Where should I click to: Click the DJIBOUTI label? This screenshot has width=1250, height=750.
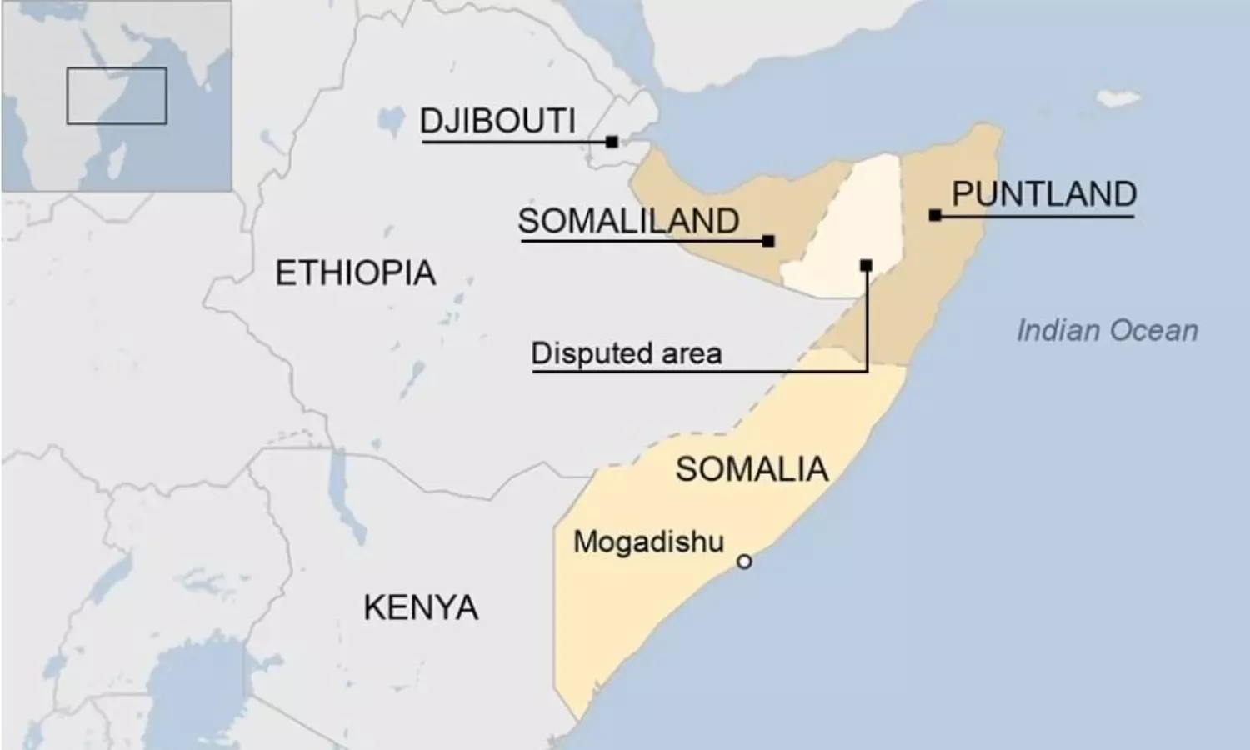(497, 122)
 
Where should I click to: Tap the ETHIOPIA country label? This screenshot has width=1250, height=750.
(355, 273)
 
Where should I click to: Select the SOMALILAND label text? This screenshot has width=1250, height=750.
(628, 222)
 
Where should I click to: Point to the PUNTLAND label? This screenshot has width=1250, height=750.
(1043, 194)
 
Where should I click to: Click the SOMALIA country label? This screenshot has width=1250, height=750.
(752, 470)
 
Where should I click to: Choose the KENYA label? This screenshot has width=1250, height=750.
(421, 608)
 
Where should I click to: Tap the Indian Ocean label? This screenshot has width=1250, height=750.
(1107, 331)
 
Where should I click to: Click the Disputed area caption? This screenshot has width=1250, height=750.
(626, 353)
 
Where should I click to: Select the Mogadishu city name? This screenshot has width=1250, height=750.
(648, 542)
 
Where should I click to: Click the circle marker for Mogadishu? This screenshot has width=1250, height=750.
(744, 562)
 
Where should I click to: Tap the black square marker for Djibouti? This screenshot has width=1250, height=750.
(612, 142)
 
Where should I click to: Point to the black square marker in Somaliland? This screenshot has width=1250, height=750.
(768, 241)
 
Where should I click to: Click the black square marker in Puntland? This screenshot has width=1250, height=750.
(935, 216)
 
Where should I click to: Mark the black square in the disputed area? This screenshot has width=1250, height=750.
(866, 266)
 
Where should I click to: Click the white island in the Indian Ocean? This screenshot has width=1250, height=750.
(1117, 97)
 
